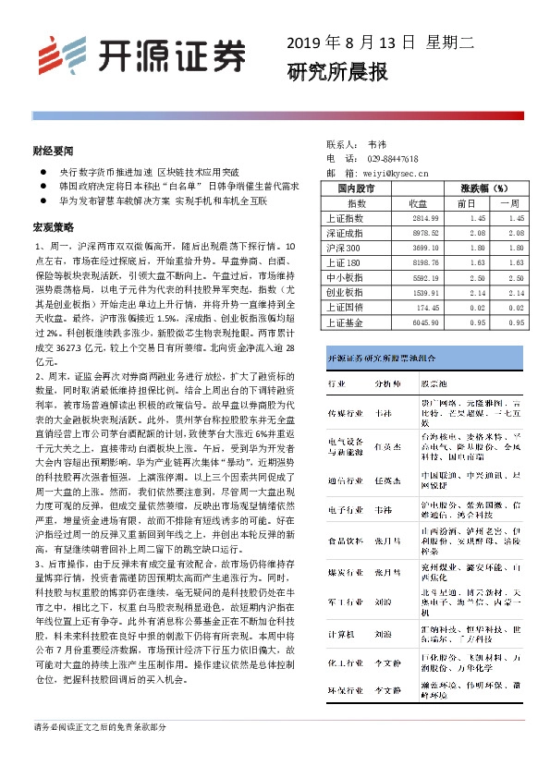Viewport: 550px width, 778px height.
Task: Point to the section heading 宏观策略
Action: click(x=53, y=226)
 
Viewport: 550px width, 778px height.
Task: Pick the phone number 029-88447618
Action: click(x=393, y=159)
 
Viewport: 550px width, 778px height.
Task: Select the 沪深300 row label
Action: click(x=346, y=248)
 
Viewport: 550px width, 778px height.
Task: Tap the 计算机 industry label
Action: click(x=344, y=637)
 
